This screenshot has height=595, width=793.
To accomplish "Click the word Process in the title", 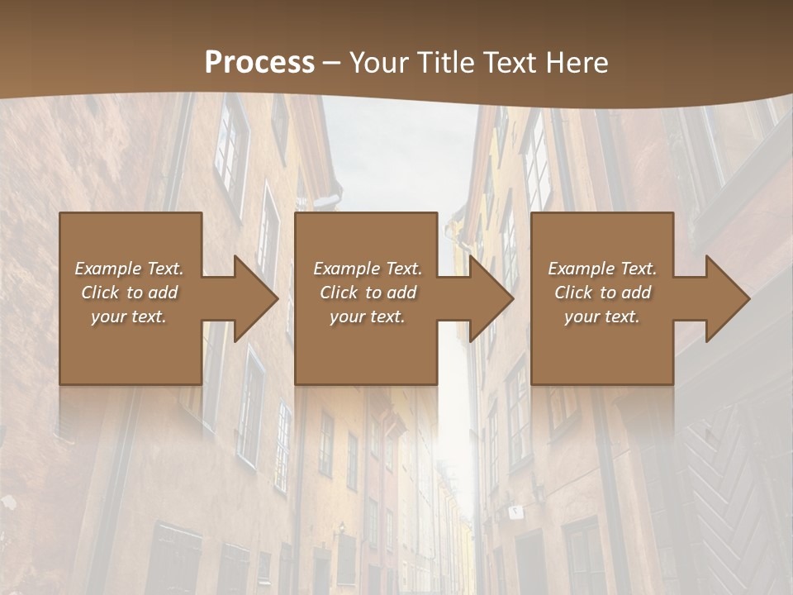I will [x=259, y=63].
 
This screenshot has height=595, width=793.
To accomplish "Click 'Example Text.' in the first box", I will [x=129, y=269].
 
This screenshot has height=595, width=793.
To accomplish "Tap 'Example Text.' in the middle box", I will [x=368, y=269].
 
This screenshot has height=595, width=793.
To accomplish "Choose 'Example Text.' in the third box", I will [x=602, y=269].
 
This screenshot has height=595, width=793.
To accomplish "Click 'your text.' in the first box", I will [x=129, y=317].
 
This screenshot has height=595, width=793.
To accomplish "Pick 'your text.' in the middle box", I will [x=368, y=317].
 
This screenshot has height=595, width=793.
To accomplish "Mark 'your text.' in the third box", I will [x=602, y=317].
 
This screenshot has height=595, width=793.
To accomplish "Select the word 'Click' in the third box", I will [x=575, y=293].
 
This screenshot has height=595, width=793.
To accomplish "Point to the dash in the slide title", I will [x=332, y=64].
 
